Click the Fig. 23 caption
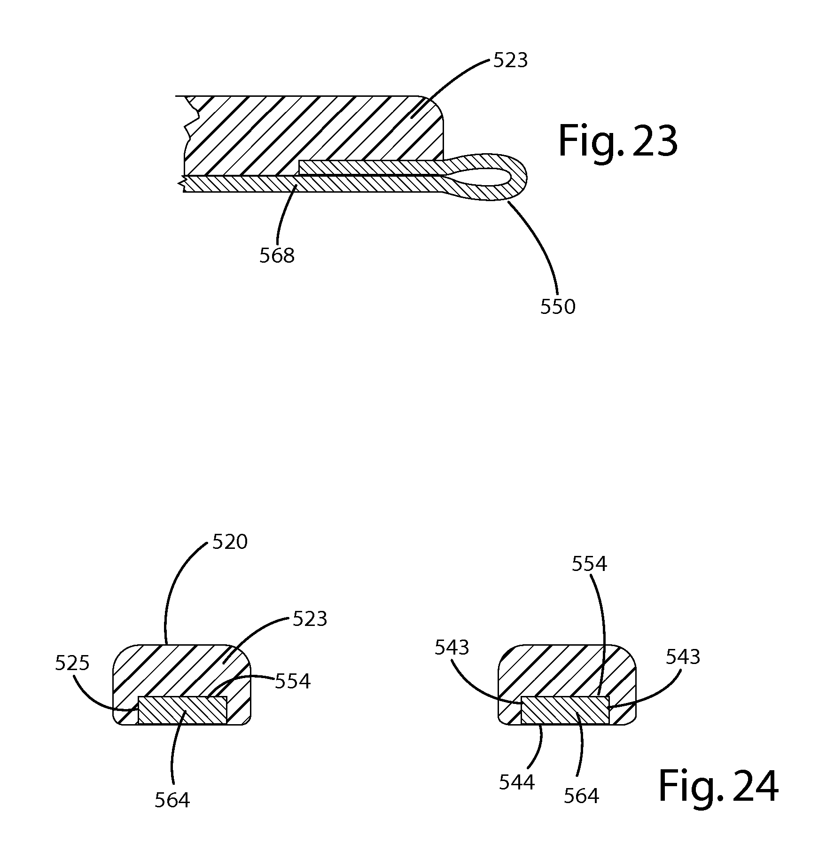click(x=617, y=141)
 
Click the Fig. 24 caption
click(x=718, y=787)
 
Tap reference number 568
click(x=277, y=256)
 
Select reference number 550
click(x=557, y=307)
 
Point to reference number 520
click(x=230, y=542)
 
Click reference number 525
click(x=72, y=663)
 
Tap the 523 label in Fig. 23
click(x=510, y=61)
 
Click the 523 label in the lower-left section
click(x=310, y=619)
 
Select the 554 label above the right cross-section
click(x=589, y=563)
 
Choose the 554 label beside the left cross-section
click(x=293, y=681)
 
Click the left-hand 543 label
click(x=452, y=648)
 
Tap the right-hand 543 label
click(x=683, y=657)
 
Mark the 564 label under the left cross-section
click(x=172, y=800)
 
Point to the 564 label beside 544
click(x=581, y=796)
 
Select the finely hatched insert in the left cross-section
click(x=182, y=710)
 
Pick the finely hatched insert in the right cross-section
click(x=565, y=710)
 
